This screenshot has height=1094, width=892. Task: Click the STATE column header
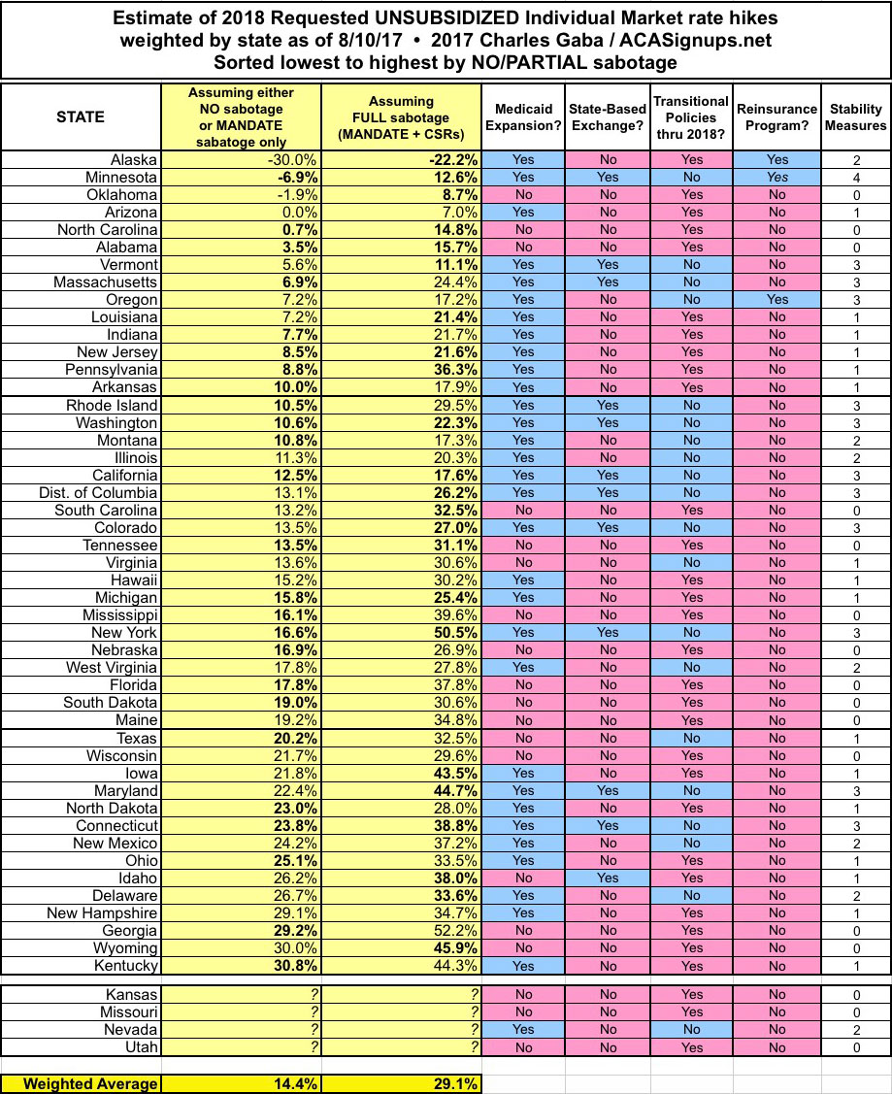tap(81, 116)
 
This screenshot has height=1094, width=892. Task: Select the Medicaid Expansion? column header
tap(523, 116)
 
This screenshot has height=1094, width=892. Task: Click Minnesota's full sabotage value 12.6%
tap(452, 178)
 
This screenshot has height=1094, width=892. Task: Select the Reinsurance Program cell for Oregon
tap(776, 300)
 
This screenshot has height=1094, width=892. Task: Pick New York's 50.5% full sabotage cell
tap(452, 632)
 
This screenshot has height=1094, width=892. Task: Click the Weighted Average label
tap(81, 1083)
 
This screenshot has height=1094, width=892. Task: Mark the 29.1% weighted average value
tap(452, 1083)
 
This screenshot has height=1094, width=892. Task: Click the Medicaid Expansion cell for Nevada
tap(523, 1029)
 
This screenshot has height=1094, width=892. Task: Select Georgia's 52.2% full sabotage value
tap(452, 930)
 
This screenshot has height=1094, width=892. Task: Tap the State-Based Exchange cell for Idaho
tap(608, 878)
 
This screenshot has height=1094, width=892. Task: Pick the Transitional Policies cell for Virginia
tap(691, 562)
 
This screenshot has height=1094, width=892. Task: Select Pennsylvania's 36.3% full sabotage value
tap(452, 370)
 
